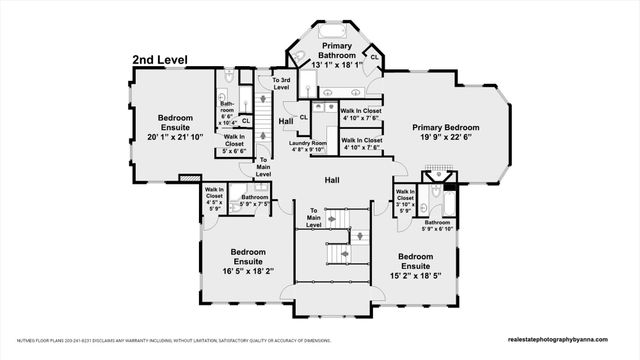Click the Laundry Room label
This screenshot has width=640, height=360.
pyautogui.click(x=308, y=144)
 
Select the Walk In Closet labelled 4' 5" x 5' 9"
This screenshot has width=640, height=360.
pyautogui.click(x=212, y=198)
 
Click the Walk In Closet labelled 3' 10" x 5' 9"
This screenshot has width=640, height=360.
pyautogui.click(x=405, y=200)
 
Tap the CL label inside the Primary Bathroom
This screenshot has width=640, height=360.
pyautogui.click(x=374, y=57)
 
